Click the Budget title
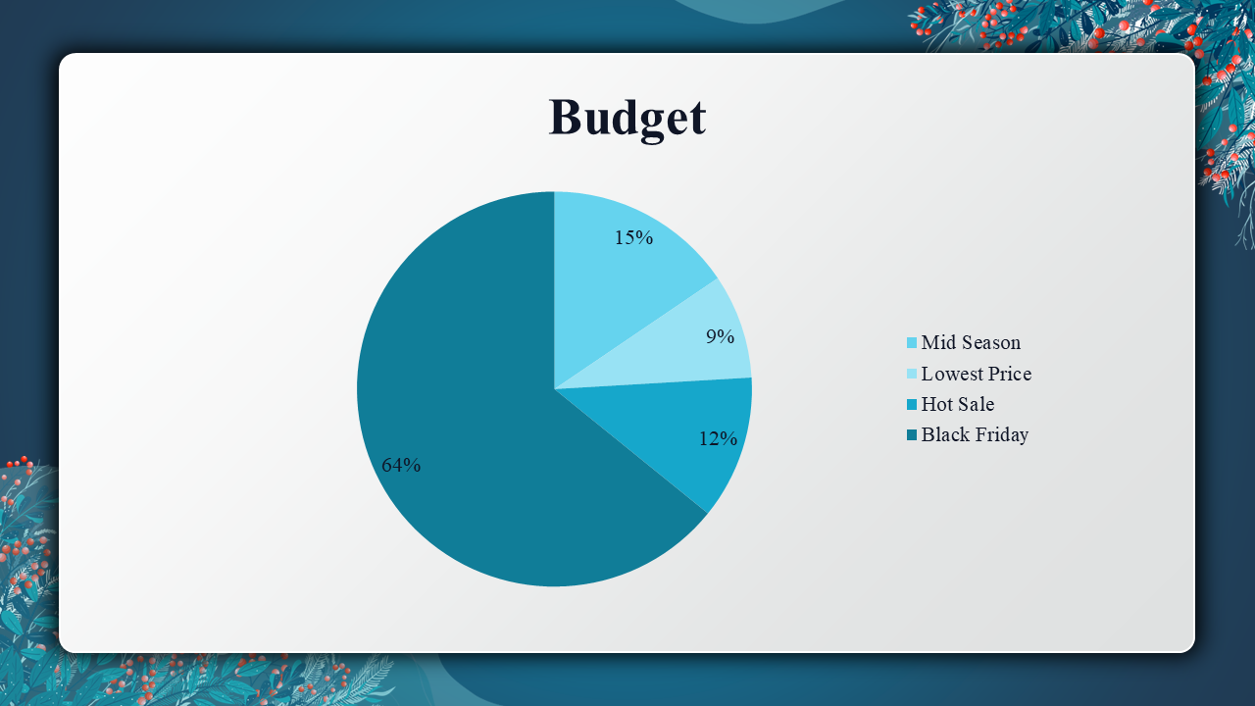tap(627, 119)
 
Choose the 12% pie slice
tap(683, 431)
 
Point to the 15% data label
tap(633, 237)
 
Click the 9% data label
tap(720, 336)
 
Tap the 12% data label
tap(718, 438)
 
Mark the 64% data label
tap(401, 465)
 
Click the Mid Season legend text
tap(971, 342)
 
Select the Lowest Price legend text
tap(977, 374)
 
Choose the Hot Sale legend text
tap(958, 404)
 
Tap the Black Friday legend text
tap(975, 434)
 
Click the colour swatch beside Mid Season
tap(912, 343)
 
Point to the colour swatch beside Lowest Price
tap(912, 374)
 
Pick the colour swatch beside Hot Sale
tap(912, 404)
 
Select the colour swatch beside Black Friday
tap(912, 434)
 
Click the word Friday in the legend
tap(1001, 435)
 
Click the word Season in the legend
tap(990, 342)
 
